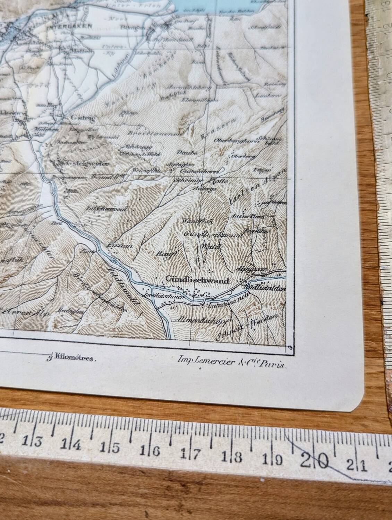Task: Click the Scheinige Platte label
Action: (202, 181)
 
